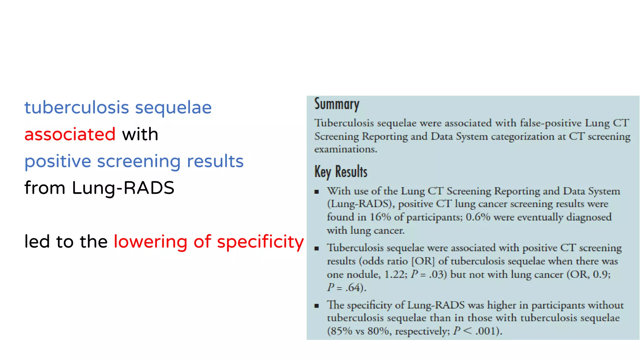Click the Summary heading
point(337,104)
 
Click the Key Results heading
point(341,172)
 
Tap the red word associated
point(70,134)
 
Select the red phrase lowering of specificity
point(208,242)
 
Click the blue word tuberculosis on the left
point(77,107)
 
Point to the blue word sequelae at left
point(173,108)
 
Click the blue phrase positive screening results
point(134,161)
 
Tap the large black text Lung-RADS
point(123,188)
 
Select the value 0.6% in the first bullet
point(478,217)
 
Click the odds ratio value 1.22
point(396,274)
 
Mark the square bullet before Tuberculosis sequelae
point(317,249)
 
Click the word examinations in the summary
point(345,149)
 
